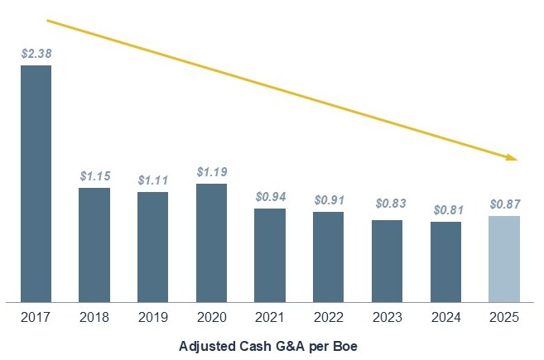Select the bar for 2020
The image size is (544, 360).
[211, 242]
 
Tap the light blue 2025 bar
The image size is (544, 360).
[504, 259]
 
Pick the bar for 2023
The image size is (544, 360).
[388, 261]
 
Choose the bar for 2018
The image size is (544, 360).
[94, 245]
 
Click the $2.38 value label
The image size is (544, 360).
[36, 53]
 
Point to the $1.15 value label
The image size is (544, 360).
[95, 175]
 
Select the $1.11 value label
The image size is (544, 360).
[153, 180]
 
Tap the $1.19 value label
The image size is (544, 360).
[212, 171]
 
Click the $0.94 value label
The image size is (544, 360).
[270, 196]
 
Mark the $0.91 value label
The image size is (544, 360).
[329, 199]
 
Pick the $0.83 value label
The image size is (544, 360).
[388, 207]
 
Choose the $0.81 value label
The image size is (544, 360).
[446, 209]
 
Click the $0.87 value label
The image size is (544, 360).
[504, 204]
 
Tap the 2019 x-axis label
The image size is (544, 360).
[153, 318]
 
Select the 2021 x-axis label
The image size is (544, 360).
[270, 318]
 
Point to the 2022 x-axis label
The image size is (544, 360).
[329, 318]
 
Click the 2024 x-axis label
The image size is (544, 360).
[446, 318]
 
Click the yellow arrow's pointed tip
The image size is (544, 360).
[517, 158]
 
